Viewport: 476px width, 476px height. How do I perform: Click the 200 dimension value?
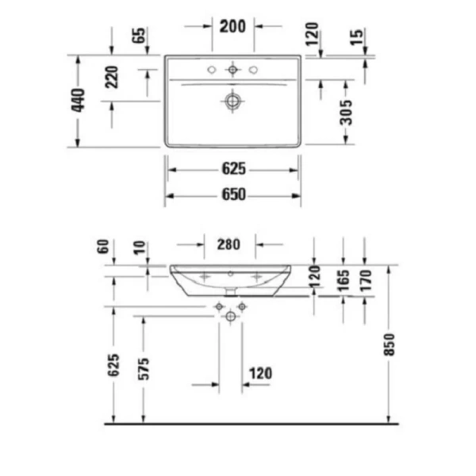(x=232, y=26)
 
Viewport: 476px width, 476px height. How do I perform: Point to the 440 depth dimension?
(x=78, y=102)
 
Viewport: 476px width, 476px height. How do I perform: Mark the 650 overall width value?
(x=233, y=194)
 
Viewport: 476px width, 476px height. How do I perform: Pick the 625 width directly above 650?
(x=233, y=169)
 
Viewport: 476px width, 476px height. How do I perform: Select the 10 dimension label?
(x=140, y=249)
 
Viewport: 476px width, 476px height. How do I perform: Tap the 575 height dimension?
(x=144, y=367)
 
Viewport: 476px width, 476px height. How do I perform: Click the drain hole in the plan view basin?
(x=232, y=101)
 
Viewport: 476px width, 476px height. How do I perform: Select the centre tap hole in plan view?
(x=232, y=71)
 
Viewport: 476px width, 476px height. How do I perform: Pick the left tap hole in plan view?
(x=212, y=71)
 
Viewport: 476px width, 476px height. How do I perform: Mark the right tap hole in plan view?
(x=253, y=71)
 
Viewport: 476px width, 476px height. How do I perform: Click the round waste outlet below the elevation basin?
(x=231, y=317)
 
